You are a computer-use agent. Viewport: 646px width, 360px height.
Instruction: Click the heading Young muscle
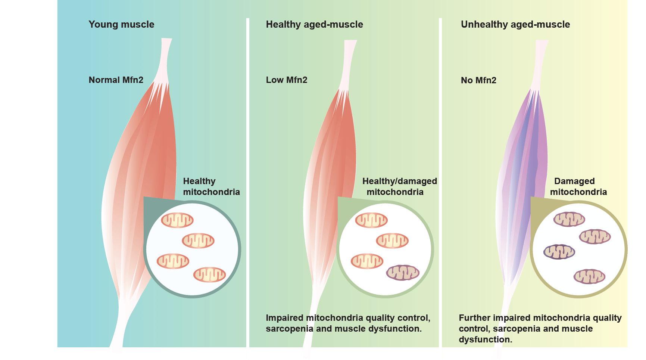click(x=121, y=25)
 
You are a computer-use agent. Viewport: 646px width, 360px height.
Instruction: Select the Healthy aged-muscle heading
click(x=314, y=25)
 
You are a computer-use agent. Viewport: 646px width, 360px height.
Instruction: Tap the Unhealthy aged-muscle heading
click(x=515, y=25)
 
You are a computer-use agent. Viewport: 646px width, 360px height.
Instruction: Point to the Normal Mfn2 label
click(x=116, y=80)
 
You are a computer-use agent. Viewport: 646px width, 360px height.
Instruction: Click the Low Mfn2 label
click(x=286, y=80)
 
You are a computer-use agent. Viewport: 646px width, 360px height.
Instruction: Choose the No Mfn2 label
click(x=478, y=80)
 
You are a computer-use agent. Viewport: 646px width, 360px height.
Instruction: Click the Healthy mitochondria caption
click(x=211, y=186)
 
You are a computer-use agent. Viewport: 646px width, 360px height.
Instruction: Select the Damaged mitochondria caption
click(x=578, y=186)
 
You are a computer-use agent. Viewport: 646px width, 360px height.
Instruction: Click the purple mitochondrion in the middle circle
click(x=403, y=273)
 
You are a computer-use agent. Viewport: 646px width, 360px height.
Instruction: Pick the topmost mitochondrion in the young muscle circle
click(x=177, y=220)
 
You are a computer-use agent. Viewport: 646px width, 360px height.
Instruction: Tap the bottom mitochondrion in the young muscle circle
click(x=209, y=275)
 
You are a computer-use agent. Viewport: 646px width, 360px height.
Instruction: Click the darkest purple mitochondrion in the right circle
click(x=559, y=252)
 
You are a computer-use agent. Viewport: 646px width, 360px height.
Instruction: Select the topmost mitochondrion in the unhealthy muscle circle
click(x=569, y=219)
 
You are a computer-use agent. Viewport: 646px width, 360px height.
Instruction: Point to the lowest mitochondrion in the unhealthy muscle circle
click(x=589, y=277)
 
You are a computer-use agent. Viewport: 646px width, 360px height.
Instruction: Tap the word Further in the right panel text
click(x=474, y=318)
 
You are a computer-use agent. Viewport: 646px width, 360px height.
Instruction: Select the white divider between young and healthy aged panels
click(x=247, y=187)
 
